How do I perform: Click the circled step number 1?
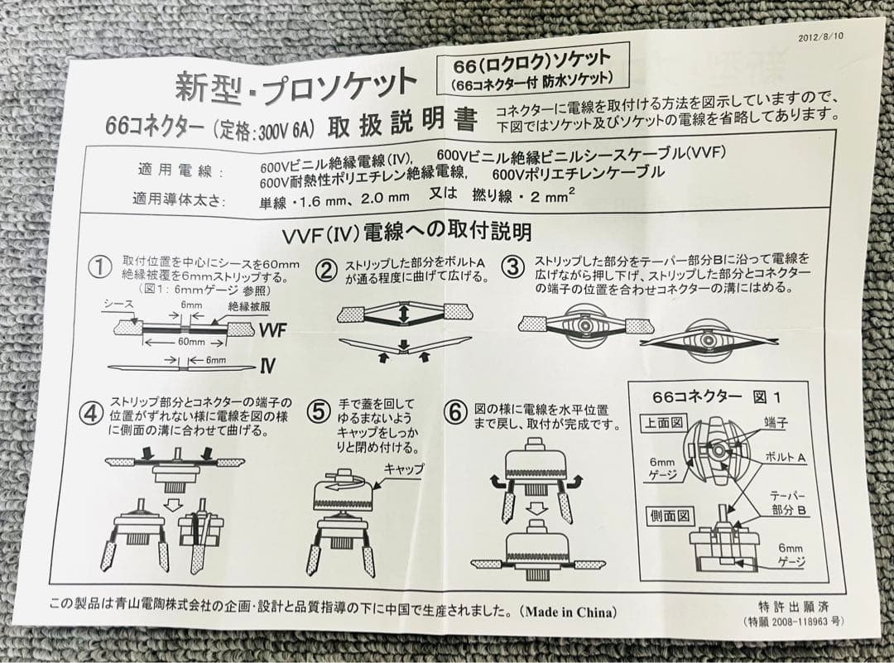pos(100,267)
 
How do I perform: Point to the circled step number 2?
pos(328,269)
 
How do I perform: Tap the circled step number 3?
pos(514,267)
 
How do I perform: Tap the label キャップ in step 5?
pos(403,468)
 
